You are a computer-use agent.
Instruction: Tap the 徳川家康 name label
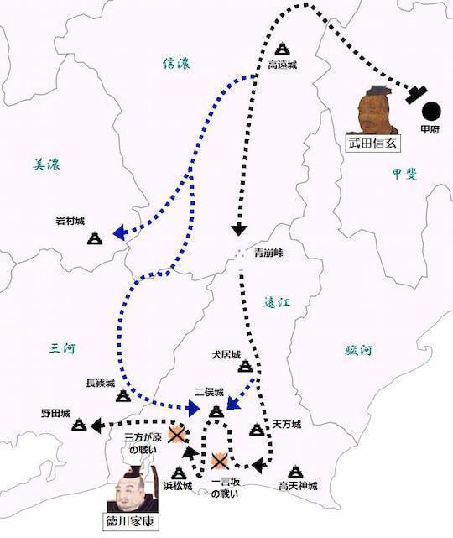pyautogui.click(x=135, y=520)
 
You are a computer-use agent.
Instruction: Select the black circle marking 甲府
pyautogui.click(x=430, y=109)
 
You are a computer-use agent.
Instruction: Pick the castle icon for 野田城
pyautogui.click(x=80, y=426)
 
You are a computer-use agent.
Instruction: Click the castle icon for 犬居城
pyautogui.click(x=245, y=366)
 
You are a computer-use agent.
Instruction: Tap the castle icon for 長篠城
pyautogui.click(x=122, y=394)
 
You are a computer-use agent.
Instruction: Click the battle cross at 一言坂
pyautogui.click(x=219, y=461)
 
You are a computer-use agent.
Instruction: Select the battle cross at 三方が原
pyautogui.click(x=176, y=435)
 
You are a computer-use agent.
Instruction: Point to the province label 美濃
pyautogui.click(x=44, y=165)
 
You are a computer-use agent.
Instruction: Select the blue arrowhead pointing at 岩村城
pyautogui.click(x=119, y=233)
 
